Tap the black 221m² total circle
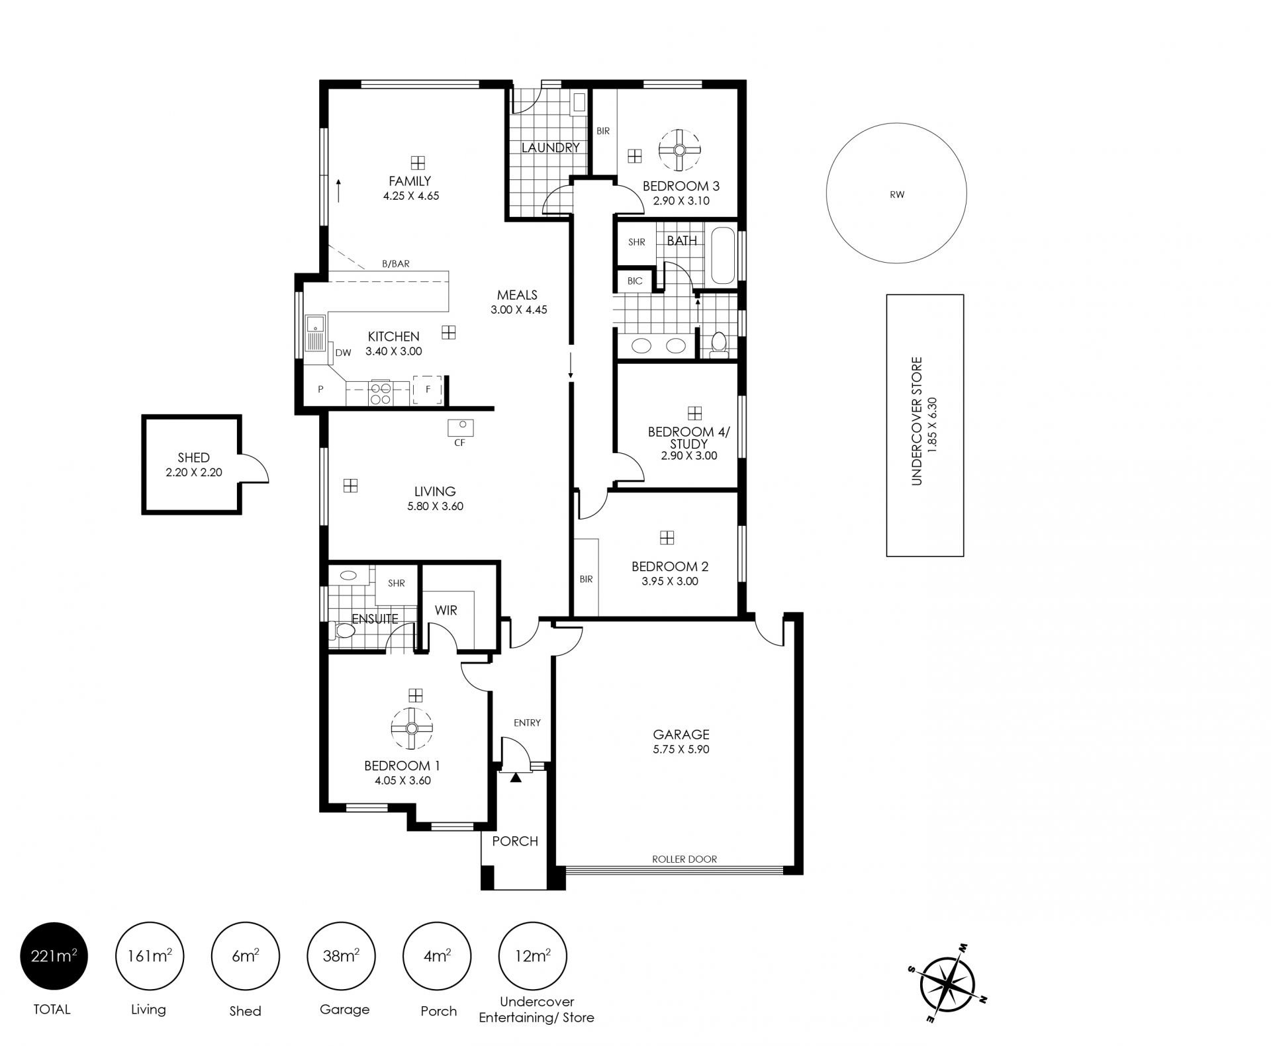54,955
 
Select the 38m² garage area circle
342,955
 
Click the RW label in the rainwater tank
897,195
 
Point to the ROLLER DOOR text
684,859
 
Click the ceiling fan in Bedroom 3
679,150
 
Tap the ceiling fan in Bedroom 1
412,728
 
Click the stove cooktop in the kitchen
380,392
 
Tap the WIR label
446,610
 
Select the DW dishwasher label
343,353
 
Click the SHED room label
193,457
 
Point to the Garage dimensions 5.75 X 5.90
681,749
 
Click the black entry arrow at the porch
516,778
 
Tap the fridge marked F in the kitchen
428,390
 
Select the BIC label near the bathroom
635,281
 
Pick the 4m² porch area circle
437,955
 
